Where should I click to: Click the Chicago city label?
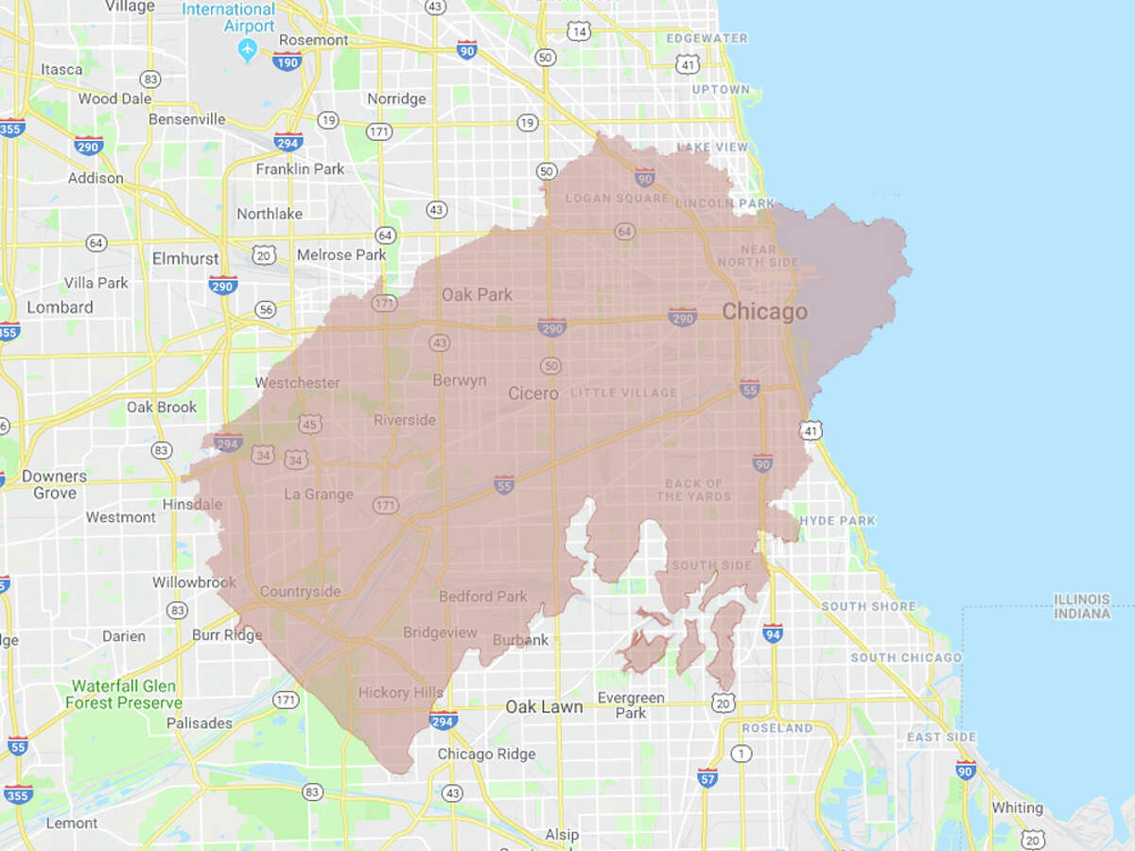pyautogui.click(x=764, y=311)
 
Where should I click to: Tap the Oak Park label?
pyautogui.click(x=477, y=295)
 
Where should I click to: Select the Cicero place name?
pyautogui.click(x=533, y=393)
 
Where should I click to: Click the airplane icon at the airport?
pyautogui.click(x=248, y=49)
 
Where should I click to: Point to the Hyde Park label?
pyautogui.click(x=837, y=520)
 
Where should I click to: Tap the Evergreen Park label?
pyautogui.click(x=631, y=704)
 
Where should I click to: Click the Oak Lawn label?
pyautogui.click(x=544, y=706)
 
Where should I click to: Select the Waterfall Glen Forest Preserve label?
pyautogui.click(x=124, y=695)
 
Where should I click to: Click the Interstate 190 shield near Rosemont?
pyautogui.click(x=287, y=61)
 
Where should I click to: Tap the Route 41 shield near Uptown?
pyautogui.click(x=688, y=63)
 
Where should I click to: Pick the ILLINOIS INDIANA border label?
pyautogui.click(x=1083, y=606)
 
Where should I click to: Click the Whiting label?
pyautogui.click(x=1017, y=808)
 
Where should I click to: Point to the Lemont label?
pyautogui.click(x=72, y=824)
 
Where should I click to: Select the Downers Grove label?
pyautogui.click(x=54, y=484)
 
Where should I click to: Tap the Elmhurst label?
pyautogui.click(x=185, y=258)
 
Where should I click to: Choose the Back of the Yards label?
pyautogui.click(x=694, y=490)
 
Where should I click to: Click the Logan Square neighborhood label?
pyautogui.click(x=603, y=199)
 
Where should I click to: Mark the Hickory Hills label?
pyautogui.click(x=401, y=693)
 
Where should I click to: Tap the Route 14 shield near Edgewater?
pyautogui.click(x=580, y=32)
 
